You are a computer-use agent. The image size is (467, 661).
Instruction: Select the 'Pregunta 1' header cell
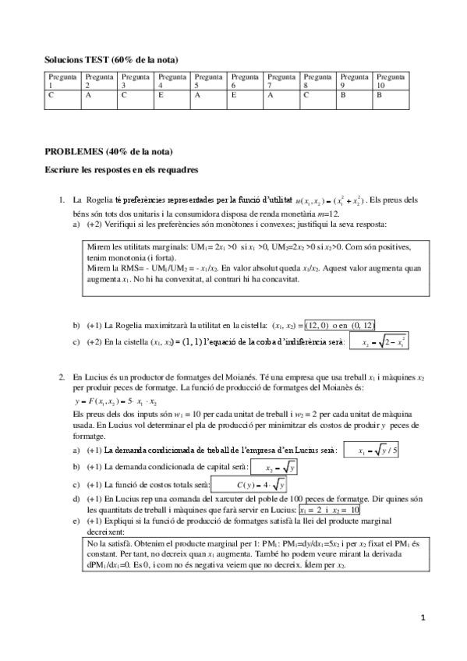click(x=62, y=81)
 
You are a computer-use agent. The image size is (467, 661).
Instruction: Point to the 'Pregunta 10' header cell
click(x=391, y=81)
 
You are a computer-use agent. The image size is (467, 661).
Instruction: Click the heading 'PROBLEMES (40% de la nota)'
click(x=108, y=150)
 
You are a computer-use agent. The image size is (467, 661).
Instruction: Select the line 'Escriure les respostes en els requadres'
click(x=122, y=168)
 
